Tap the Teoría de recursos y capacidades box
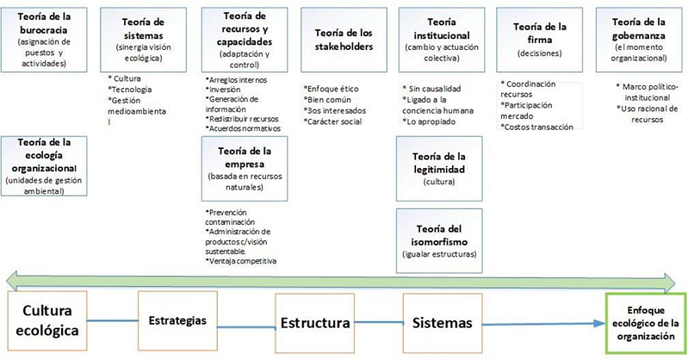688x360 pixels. pos(243,38)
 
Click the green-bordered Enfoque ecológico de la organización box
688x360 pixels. pos(644,324)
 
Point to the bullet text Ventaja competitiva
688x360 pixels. pos(242,261)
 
